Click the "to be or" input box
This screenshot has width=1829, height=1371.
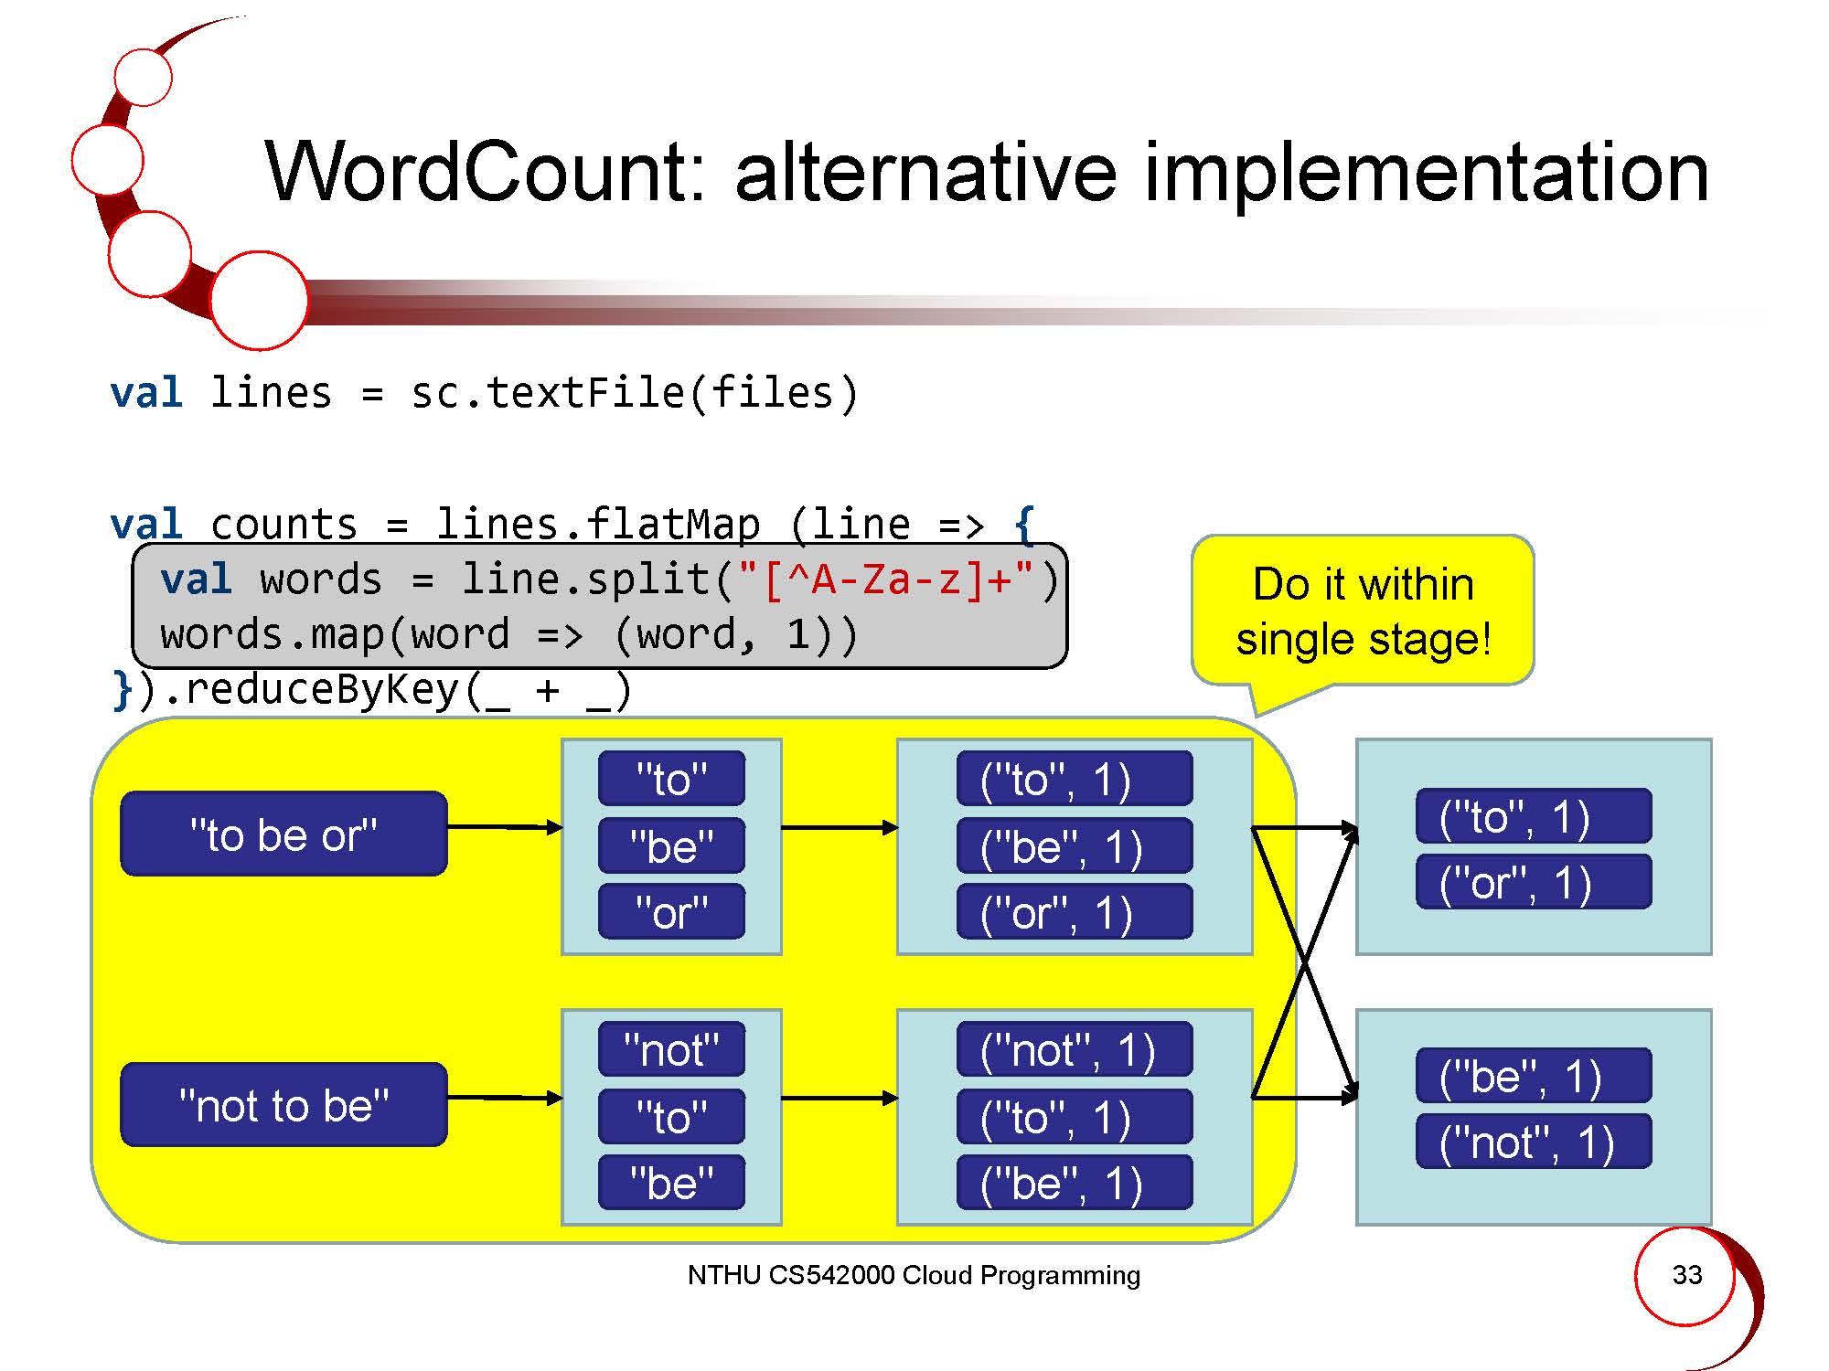pyautogui.click(x=284, y=834)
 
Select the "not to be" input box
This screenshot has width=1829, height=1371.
pyautogui.click(x=284, y=1104)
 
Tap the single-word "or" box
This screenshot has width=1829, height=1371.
pyautogui.click(x=671, y=912)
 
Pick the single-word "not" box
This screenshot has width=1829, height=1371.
pyautogui.click(x=671, y=1049)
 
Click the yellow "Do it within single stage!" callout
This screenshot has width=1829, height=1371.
pyautogui.click(x=1363, y=611)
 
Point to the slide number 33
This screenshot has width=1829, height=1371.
pyautogui.click(x=1686, y=1274)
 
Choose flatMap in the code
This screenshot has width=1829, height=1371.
pyautogui.click(x=672, y=525)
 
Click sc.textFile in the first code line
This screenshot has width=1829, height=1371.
pyautogui.click(x=547, y=393)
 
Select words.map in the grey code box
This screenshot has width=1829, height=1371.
pyautogui.click(x=273, y=634)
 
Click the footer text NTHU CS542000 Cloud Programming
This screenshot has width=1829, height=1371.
pyautogui.click(x=914, y=1275)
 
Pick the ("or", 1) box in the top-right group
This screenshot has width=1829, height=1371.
pyautogui.click(x=1534, y=882)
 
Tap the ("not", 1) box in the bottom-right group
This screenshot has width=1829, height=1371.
pyautogui.click(x=1534, y=1142)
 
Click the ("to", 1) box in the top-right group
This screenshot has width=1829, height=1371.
pyautogui.click(x=1534, y=815)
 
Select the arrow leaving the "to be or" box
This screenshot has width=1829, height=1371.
pyautogui.click(x=505, y=827)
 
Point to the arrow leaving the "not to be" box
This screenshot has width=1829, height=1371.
pyautogui.click(x=505, y=1098)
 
